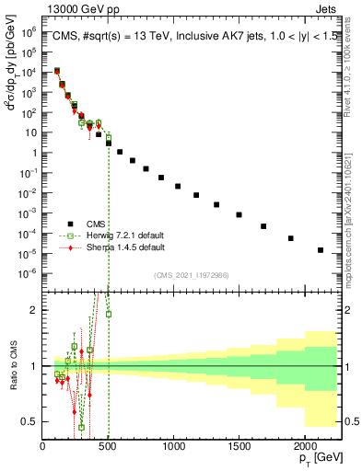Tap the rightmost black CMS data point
pyautogui.click(x=321, y=249)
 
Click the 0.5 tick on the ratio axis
pyautogui.click(x=30, y=421)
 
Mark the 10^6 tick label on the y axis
pyautogui.click(x=27, y=31)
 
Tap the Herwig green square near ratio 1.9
pyautogui.click(x=109, y=315)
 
